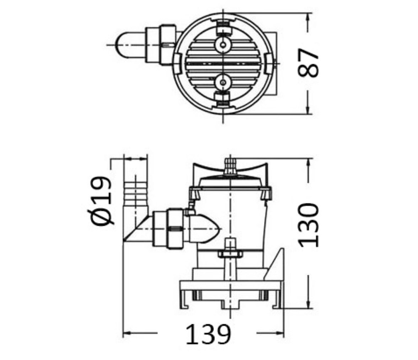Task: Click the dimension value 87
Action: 309,63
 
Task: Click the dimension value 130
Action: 309,225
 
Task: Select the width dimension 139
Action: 208,334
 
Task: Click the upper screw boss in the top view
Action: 223,46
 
